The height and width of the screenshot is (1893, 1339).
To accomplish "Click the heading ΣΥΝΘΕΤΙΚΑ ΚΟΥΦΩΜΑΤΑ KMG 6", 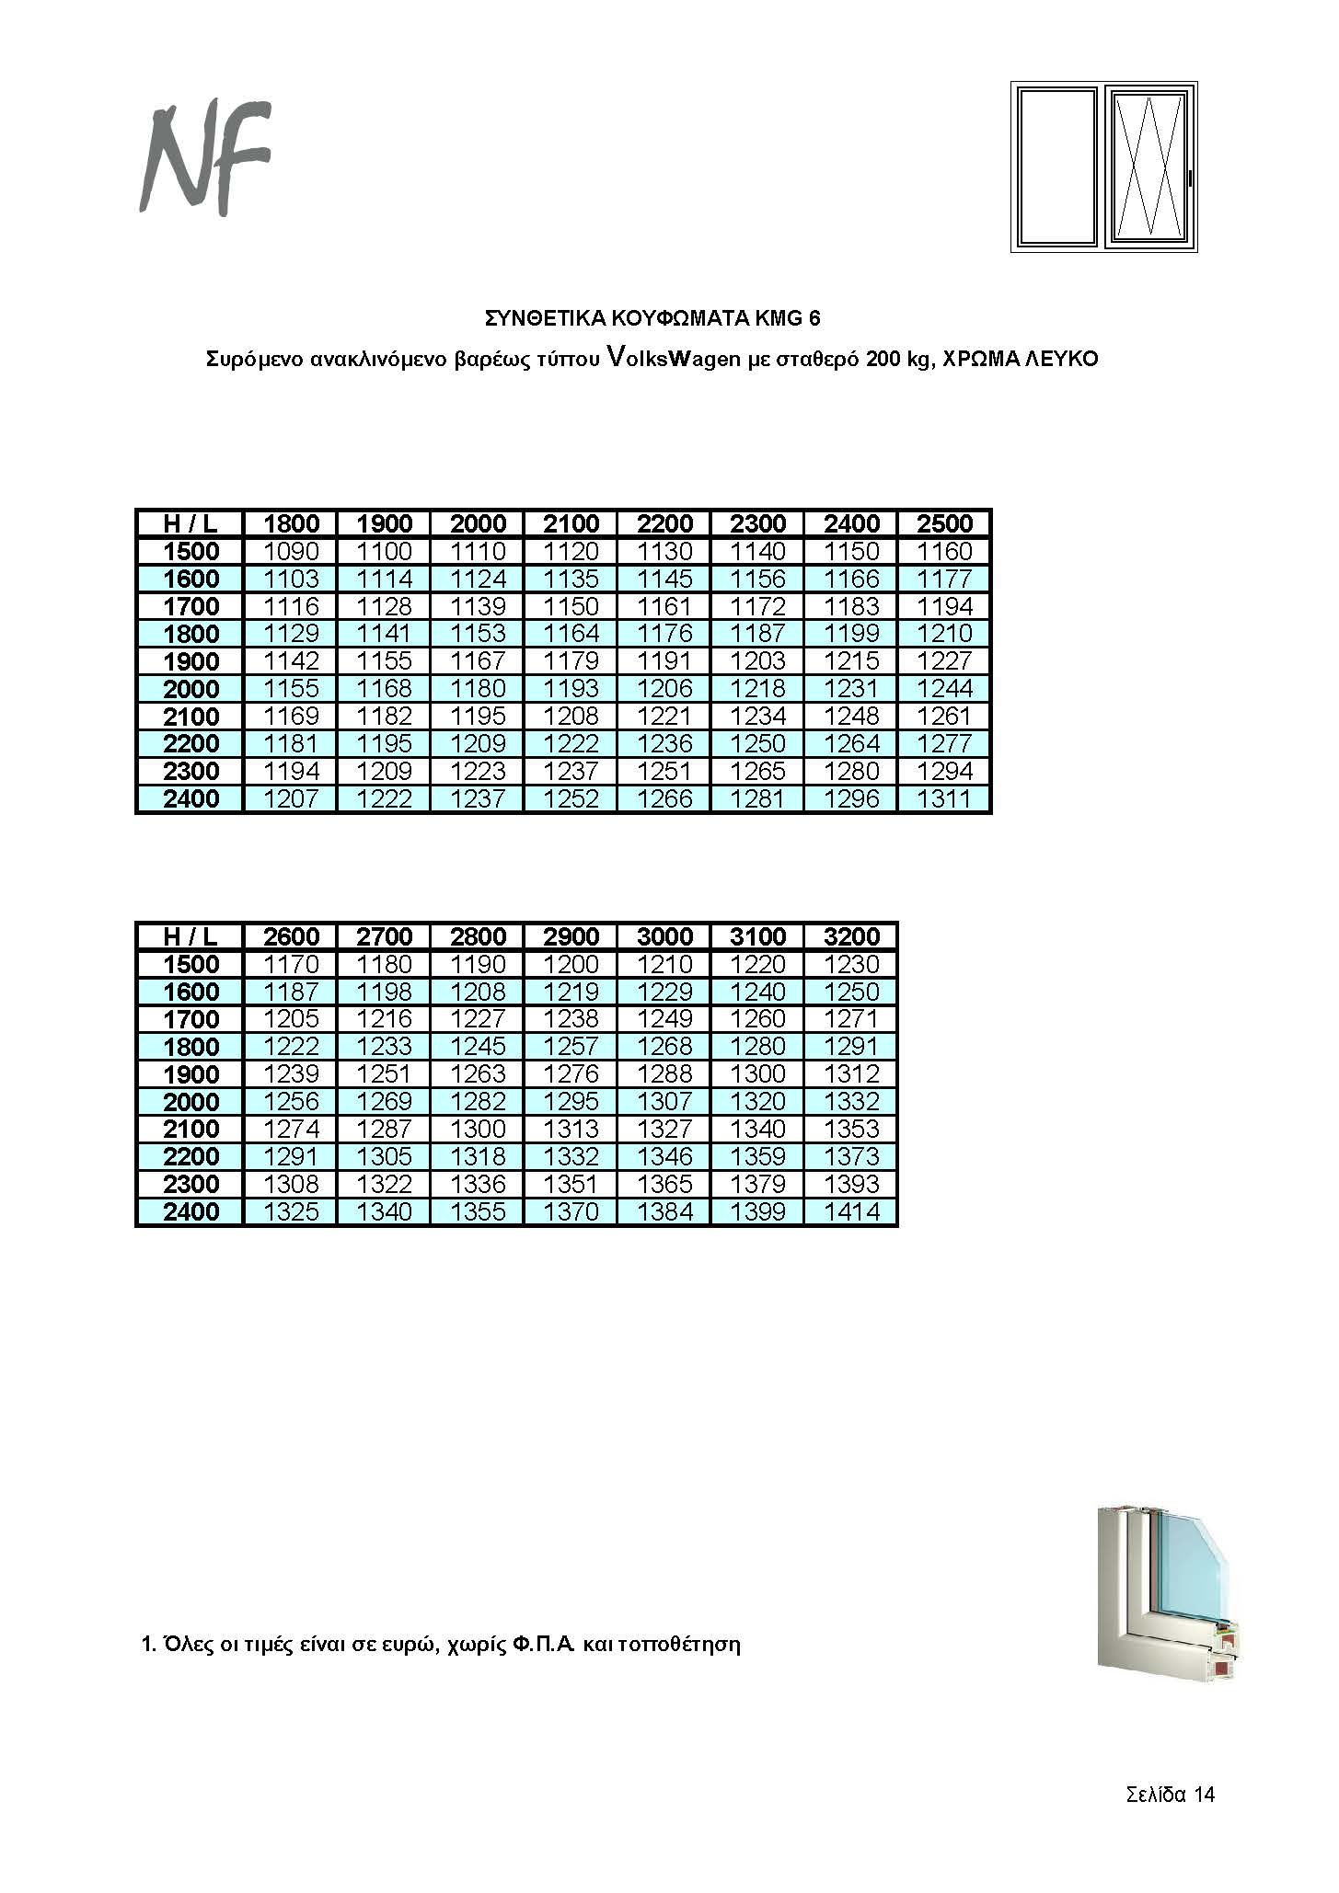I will click(652, 318).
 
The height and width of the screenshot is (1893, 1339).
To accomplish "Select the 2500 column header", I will click(944, 523).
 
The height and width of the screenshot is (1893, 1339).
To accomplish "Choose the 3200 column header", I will click(851, 936).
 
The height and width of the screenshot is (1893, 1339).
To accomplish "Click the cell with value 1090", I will click(291, 551).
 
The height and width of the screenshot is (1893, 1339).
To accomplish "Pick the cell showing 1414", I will click(851, 1211).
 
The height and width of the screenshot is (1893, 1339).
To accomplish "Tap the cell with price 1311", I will click(944, 798).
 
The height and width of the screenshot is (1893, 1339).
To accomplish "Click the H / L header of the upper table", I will click(190, 523).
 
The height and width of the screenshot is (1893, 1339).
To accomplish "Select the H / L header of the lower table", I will click(190, 936).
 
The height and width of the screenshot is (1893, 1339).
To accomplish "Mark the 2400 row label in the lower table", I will click(190, 1211).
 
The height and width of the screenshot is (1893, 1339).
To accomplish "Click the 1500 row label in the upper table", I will click(190, 551).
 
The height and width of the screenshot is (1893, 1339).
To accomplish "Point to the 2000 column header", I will click(478, 523).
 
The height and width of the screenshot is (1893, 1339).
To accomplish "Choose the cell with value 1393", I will click(851, 1184).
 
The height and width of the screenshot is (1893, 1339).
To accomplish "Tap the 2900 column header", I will click(571, 936).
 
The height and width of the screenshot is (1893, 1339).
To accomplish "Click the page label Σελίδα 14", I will click(1170, 1794).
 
